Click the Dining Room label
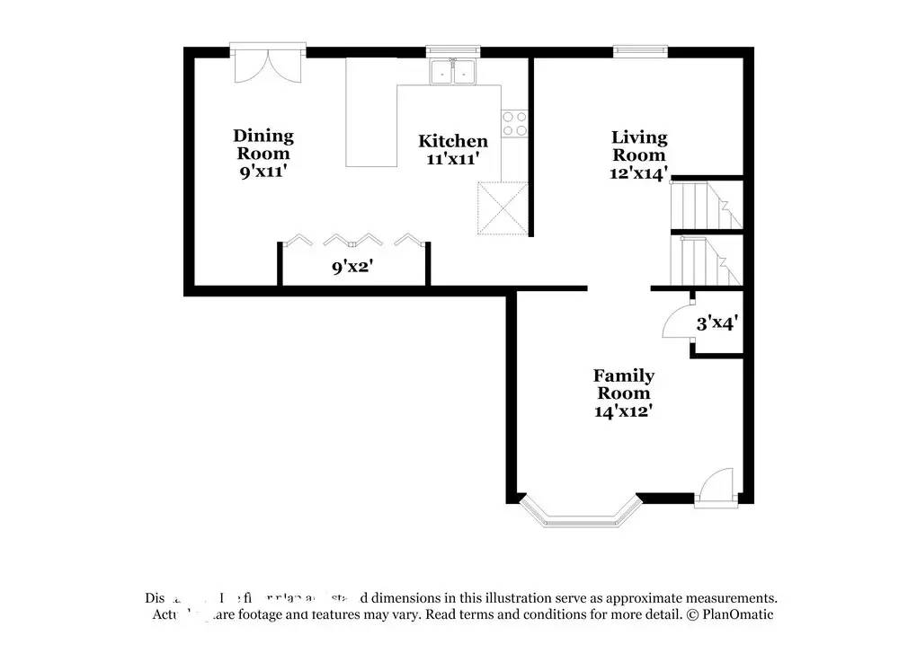click(x=263, y=145)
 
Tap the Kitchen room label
click(x=453, y=141)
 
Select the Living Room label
click(x=639, y=146)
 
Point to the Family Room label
click(x=623, y=384)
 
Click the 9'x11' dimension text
click(x=263, y=172)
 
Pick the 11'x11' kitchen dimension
click(x=452, y=159)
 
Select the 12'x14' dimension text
click(x=639, y=174)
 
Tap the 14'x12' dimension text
click(x=623, y=411)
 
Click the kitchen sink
click(x=453, y=71)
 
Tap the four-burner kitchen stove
click(x=514, y=124)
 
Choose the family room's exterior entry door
click(x=717, y=490)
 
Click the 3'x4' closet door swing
click(x=677, y=322)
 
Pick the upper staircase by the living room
click(x=706, y=204)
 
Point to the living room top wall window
click(x=640, y=49)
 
